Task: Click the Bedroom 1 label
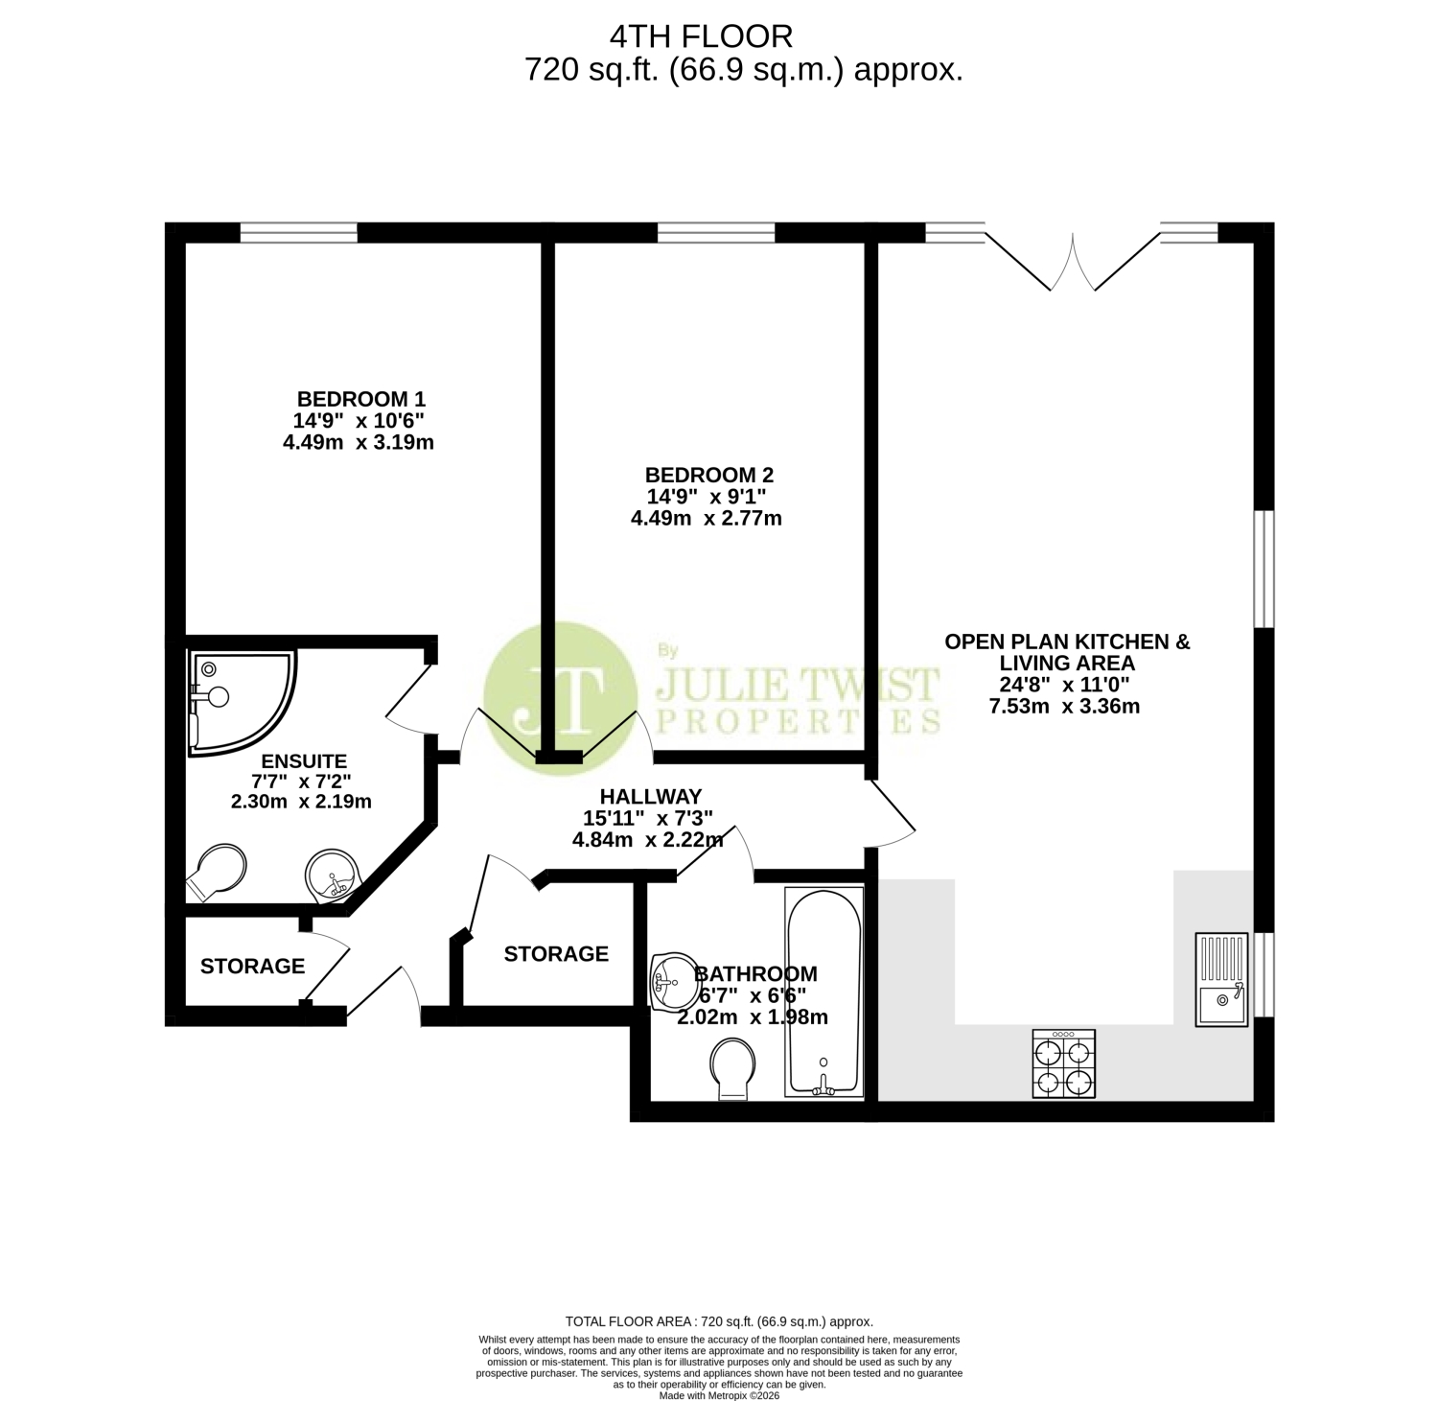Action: [360, 399]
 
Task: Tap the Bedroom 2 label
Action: [708, 475]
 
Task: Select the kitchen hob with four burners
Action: [1063, 1063]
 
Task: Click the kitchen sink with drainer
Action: [1221, 979]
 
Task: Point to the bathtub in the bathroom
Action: [824, 992]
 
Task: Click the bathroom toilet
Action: [732, 1071]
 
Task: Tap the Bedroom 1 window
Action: [298, 232]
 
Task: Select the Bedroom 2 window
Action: [716, 232]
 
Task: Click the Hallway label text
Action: [651, 796]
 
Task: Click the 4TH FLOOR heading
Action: [702, 36]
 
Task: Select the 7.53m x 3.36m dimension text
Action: [1064, 708]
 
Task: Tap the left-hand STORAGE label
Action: [253, 967]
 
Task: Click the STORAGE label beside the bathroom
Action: [556, 954]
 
